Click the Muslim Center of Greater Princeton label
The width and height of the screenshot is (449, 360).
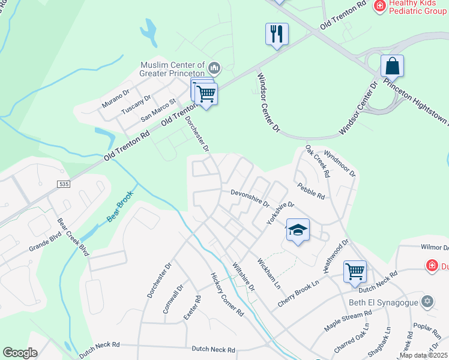(172, 69)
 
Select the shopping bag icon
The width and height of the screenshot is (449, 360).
(392, 65)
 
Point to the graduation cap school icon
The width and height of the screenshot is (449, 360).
(298, 230)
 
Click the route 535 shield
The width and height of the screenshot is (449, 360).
(64, 183)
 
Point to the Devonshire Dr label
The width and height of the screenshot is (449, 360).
(250, 197)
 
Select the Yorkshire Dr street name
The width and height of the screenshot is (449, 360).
(281, 213)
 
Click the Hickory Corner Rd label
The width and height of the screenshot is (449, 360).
(226, 295)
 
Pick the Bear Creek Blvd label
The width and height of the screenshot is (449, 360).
(73, 236)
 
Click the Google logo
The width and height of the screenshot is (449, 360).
(20, 353)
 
